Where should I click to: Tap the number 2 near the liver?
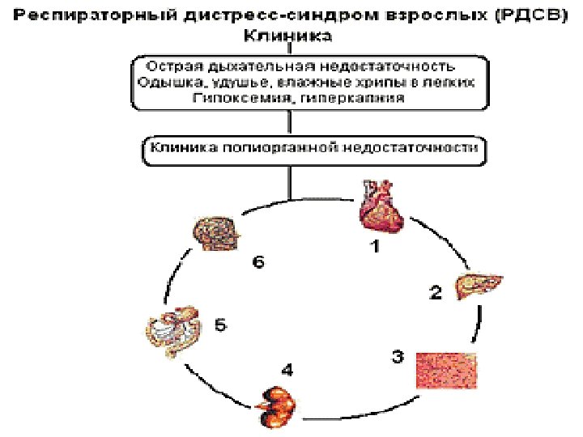tap(436, 294)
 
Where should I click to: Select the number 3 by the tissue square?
tap(398, 356)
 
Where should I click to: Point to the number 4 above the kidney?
tap(287, 370)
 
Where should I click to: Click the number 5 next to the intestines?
tap(221, 325)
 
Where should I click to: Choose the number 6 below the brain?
tap(257, 264)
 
